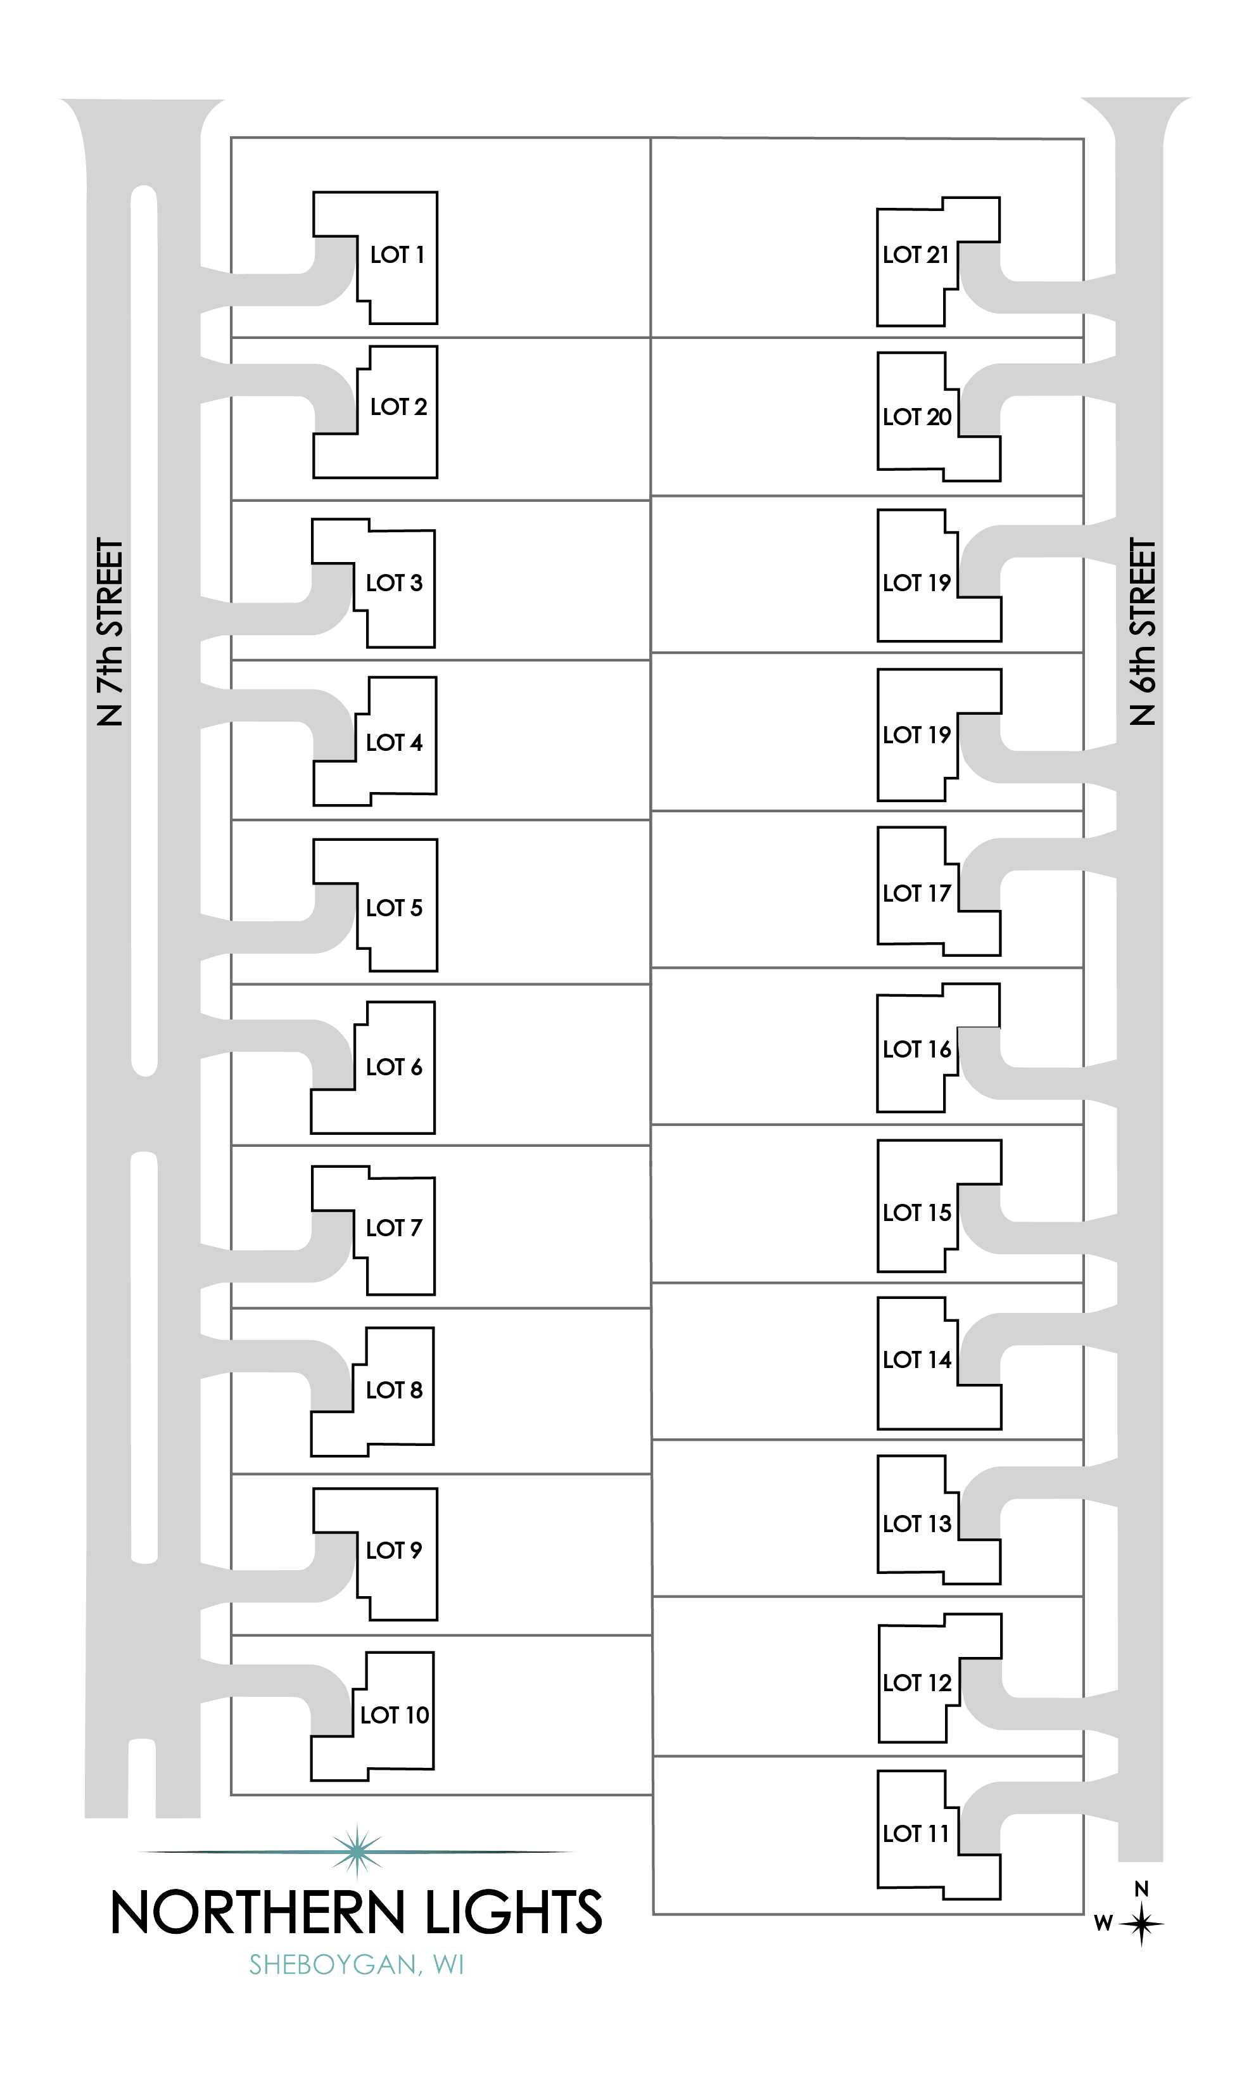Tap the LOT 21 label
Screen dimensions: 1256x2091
(917, 255)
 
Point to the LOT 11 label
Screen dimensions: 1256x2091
(917, 1834)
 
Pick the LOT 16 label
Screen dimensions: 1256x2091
(917, 1050)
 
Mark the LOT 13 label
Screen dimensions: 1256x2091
(917, 1524)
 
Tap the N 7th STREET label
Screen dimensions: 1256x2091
(111, 632)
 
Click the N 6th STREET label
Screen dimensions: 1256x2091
(1143, 632)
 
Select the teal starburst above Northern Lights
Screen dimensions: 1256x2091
(358, 1851)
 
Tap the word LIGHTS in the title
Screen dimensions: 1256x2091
(514, 1913)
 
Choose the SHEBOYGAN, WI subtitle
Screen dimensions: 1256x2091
(357, 1965)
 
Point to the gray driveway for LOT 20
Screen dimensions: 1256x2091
(1041, 380)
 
